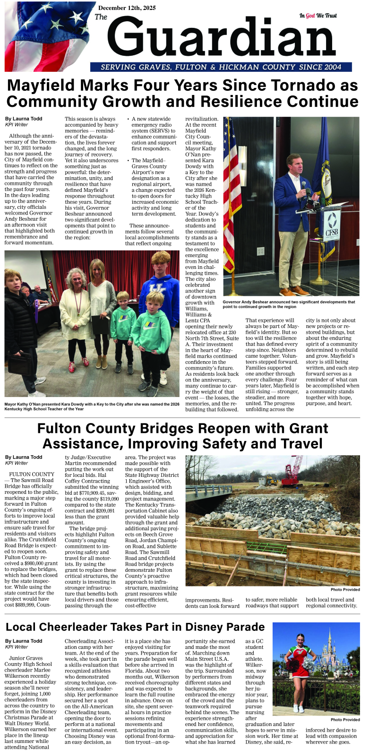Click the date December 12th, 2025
point(127,8)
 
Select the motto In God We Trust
point(318,16)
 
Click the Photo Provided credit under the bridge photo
point(345,589)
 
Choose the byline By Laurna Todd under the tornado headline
point(24,119)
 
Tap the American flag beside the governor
point(230,189)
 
